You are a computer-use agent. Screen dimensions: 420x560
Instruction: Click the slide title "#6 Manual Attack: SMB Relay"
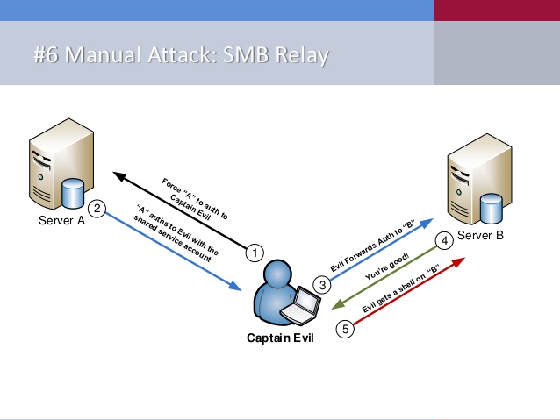coord(179,57)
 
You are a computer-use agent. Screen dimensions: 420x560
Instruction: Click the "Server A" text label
coord(61,220)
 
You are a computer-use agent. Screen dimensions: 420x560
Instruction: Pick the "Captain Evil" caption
coord(282,337)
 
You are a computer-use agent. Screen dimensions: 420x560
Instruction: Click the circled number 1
coord(255,253)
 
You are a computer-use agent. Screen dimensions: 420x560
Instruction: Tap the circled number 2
coord(98,209)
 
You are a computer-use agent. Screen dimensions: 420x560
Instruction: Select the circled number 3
coord(323,284)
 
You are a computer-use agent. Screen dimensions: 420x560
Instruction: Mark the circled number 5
coord(346,330)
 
